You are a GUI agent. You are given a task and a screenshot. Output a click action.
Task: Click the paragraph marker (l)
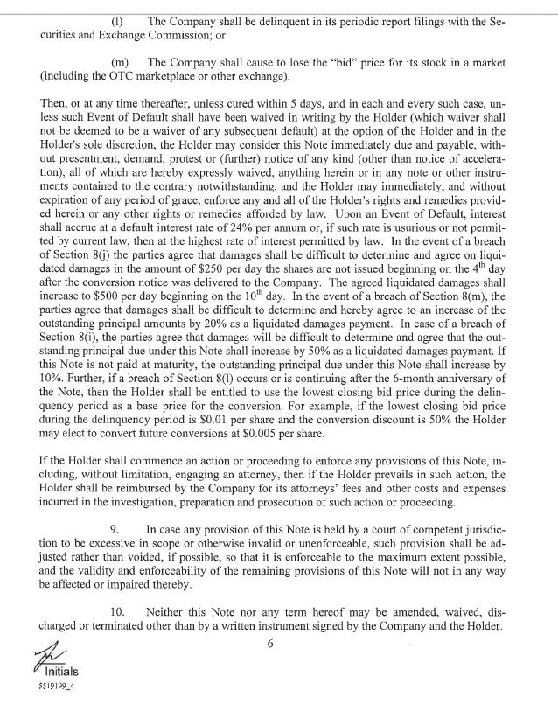tap(118, 19)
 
